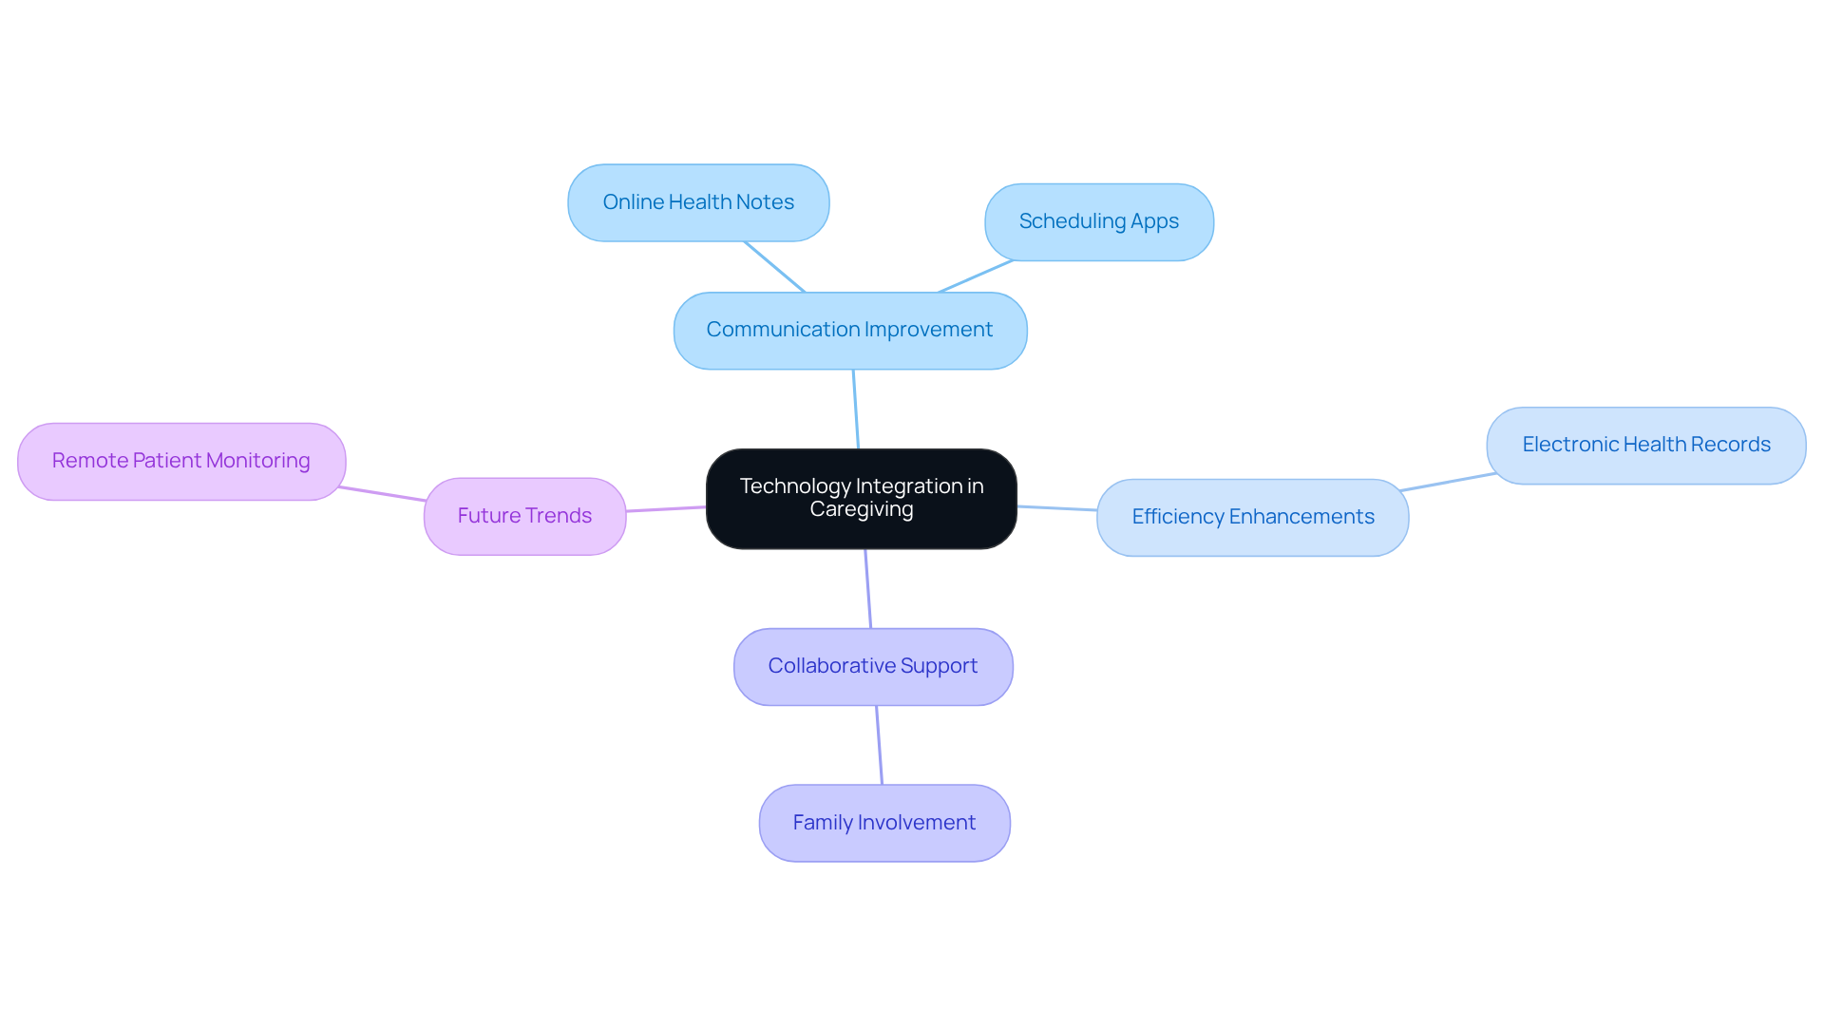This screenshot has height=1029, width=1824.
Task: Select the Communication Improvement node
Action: [849, 331]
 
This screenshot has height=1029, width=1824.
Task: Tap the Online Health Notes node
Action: [698, 202]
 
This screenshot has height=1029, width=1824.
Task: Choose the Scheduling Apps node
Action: [1098, 222]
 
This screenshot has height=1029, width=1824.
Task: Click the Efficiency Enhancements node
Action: [1252, 517]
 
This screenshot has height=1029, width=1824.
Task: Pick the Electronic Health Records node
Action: [1645, 445]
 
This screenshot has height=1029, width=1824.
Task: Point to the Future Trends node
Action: [524, 516]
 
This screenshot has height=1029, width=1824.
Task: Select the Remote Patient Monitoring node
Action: [181, 461]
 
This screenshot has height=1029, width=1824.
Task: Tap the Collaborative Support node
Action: [872, 666]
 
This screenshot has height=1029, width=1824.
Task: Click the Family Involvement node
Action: [883, 823]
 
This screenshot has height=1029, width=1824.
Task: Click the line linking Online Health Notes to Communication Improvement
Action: [774, 266]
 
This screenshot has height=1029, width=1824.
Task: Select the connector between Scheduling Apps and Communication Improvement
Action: [976, 276]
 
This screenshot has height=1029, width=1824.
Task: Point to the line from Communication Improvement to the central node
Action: [856, 409]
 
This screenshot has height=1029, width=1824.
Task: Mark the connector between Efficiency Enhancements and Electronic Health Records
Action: [1447, 482]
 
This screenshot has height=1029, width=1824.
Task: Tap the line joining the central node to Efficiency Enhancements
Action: [1056, 508]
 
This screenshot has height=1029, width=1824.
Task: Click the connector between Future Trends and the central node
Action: [665, 509]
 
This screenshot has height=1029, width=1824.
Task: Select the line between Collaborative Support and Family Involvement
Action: [879, 745]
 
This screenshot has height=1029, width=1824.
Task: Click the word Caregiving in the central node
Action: [861, 509]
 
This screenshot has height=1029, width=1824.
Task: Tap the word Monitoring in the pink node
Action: [257, 461]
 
